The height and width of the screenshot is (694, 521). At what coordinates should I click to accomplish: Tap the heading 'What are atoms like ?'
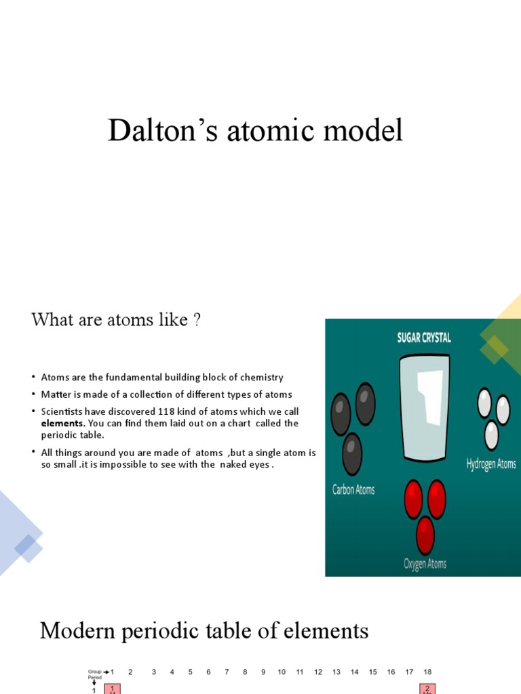pyautogui.click(x=116, y=319)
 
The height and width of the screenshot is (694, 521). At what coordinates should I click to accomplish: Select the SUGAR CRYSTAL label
pyautogui.click(x=424, y=338)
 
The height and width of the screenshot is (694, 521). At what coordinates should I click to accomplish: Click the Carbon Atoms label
pyautogui.click(x=353, y=489)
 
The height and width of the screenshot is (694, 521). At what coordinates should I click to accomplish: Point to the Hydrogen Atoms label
pyautogui.click(x=491, y=464)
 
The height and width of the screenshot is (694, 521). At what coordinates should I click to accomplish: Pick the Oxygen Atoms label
pyautogui.click(x=425, y=564)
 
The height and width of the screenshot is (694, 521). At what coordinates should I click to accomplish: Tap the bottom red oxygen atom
pyautogui.click(x=425, y=534)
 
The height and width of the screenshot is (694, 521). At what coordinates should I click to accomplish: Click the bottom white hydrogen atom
pyautogui.click(x=491, y=434)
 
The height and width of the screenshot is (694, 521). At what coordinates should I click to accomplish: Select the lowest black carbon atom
pyautogui.click(x=352, y=453)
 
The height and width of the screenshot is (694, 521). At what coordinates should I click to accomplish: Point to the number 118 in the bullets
pyautogui.click(x=167, y=411)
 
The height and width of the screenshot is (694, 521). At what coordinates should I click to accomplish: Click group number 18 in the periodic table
pyautogui.click(x=427, y=672)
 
